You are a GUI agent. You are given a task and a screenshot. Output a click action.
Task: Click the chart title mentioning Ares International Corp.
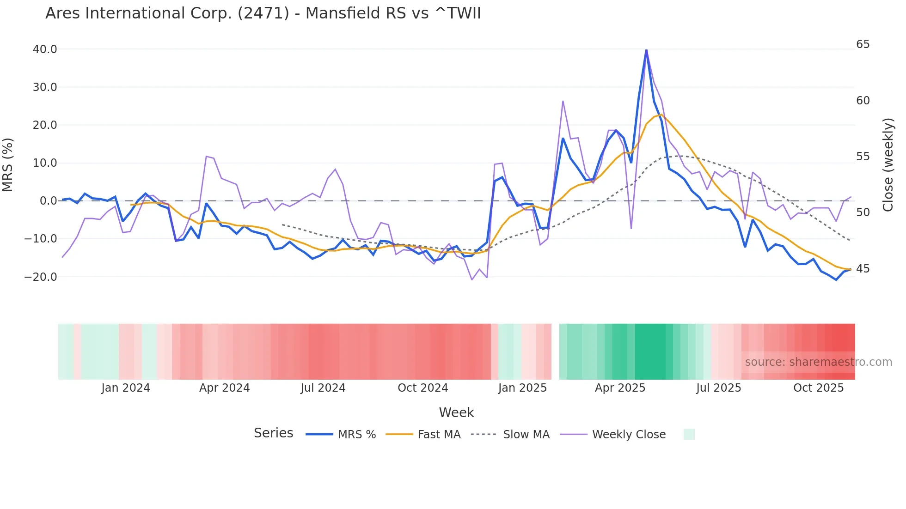(x=263, y=13)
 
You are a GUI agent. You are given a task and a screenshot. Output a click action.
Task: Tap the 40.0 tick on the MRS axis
(x=45, y=49)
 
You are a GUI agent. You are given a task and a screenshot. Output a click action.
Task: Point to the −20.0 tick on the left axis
(x=41, y=277)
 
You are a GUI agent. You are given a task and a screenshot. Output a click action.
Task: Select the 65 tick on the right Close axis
(x=863, y=44)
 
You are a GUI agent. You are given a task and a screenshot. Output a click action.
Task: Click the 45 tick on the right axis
(x=863, y=269)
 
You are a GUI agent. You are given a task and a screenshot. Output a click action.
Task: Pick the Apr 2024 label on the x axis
(x=224, y=388)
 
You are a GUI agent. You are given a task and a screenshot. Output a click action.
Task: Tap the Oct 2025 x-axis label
(x=818, y=388)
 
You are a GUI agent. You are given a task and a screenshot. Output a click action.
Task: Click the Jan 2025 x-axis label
(x=522, y=388)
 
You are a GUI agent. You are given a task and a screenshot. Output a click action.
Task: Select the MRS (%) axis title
(x=8, y=165)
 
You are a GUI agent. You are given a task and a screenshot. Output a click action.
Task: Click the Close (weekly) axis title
(x=888, y=165)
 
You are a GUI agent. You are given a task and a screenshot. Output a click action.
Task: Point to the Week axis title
(x=456, y=412)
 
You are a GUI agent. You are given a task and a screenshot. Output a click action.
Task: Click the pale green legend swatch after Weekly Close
(x=689, y=434)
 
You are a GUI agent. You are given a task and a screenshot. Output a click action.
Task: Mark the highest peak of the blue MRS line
(x=646, y=50)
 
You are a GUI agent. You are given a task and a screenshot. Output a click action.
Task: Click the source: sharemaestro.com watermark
(x=818, y=362)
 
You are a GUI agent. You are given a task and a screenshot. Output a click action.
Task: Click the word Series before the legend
(x=273, y=433)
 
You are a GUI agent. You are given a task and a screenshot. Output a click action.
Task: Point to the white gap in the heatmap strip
(x=555, y=351)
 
